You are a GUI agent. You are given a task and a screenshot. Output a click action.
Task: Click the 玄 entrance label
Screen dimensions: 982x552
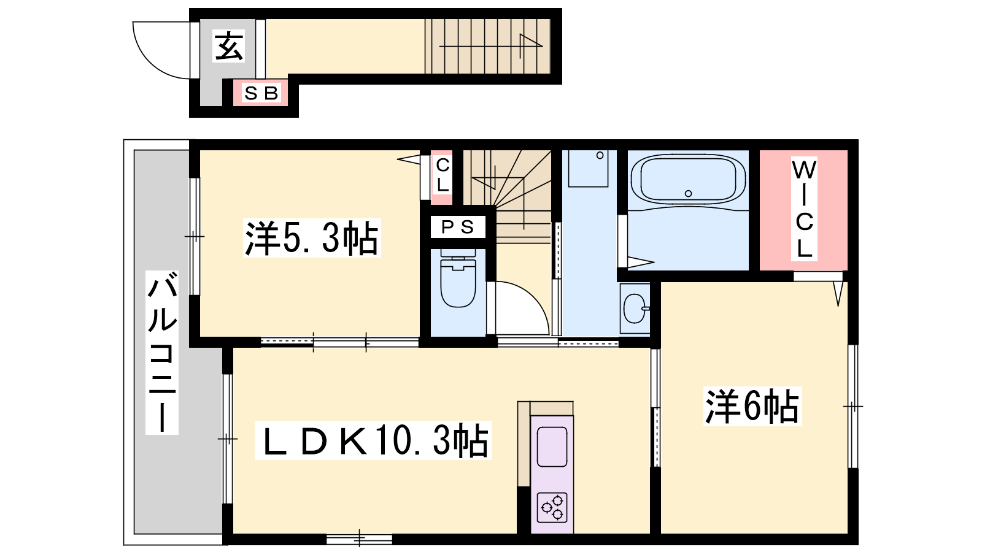pyautogui.click(x=228, y=46)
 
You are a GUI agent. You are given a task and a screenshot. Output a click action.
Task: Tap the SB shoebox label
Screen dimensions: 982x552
pyautogui.click(x=261, y=93)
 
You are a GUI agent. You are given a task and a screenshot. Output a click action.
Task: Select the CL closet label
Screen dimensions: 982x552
pyautogui.click(x=443, y=175)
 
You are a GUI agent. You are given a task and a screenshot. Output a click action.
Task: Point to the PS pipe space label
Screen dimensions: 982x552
pyautogui.click(x=457, y=227)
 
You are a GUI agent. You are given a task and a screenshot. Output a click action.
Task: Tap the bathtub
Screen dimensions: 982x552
pyautogui.click(x=688, y=180)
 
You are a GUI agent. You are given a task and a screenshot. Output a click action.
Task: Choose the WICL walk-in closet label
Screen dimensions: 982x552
pyautogui.click(x=804, y=209)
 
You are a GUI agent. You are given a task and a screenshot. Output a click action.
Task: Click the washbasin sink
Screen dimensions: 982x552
pyautogui.click(x=635, y=308)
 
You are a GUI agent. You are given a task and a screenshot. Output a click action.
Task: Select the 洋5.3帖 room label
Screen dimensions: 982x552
pyautogui.click(x=312, y=238)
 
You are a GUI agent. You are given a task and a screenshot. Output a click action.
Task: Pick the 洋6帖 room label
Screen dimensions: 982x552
pyautogui.click(x=752, y=406)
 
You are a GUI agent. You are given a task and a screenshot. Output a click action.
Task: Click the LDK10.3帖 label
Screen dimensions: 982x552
pyautogui.click(x=373, y=440)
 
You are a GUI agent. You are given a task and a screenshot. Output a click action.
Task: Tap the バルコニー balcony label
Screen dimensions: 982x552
pyautogui.click(x=162, y=352)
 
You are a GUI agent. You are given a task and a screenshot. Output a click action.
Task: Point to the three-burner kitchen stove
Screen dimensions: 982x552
pyautogui.click(x=552, y=507)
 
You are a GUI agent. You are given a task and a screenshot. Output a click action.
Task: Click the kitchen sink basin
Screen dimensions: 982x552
pyautogui.click(x=552, y=447)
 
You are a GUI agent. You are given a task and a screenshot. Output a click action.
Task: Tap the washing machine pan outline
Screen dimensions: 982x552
pyautogui.click(x=588, y=169)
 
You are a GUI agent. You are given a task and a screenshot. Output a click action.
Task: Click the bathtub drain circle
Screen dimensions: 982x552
pyautogui.click(x=688, y=194)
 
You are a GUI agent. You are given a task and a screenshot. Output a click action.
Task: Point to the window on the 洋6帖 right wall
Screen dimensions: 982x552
pyautogui.click(x=852, y=407)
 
